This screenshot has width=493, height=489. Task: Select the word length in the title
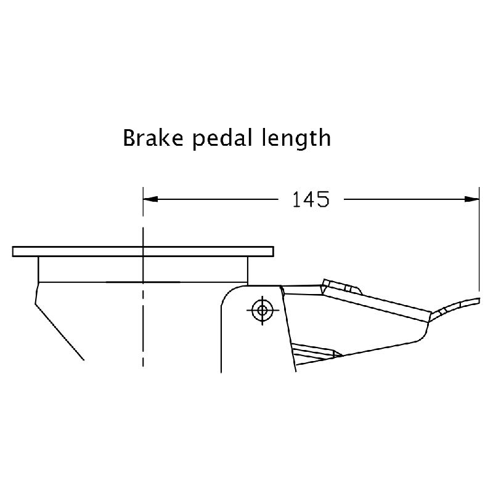click(299, 138)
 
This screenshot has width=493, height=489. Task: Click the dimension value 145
click(311, 199)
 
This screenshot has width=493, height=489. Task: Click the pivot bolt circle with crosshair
click(263, 309)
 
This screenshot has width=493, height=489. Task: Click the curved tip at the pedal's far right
click(462, 301)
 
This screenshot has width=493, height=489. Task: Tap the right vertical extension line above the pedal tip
click(479, 246)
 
